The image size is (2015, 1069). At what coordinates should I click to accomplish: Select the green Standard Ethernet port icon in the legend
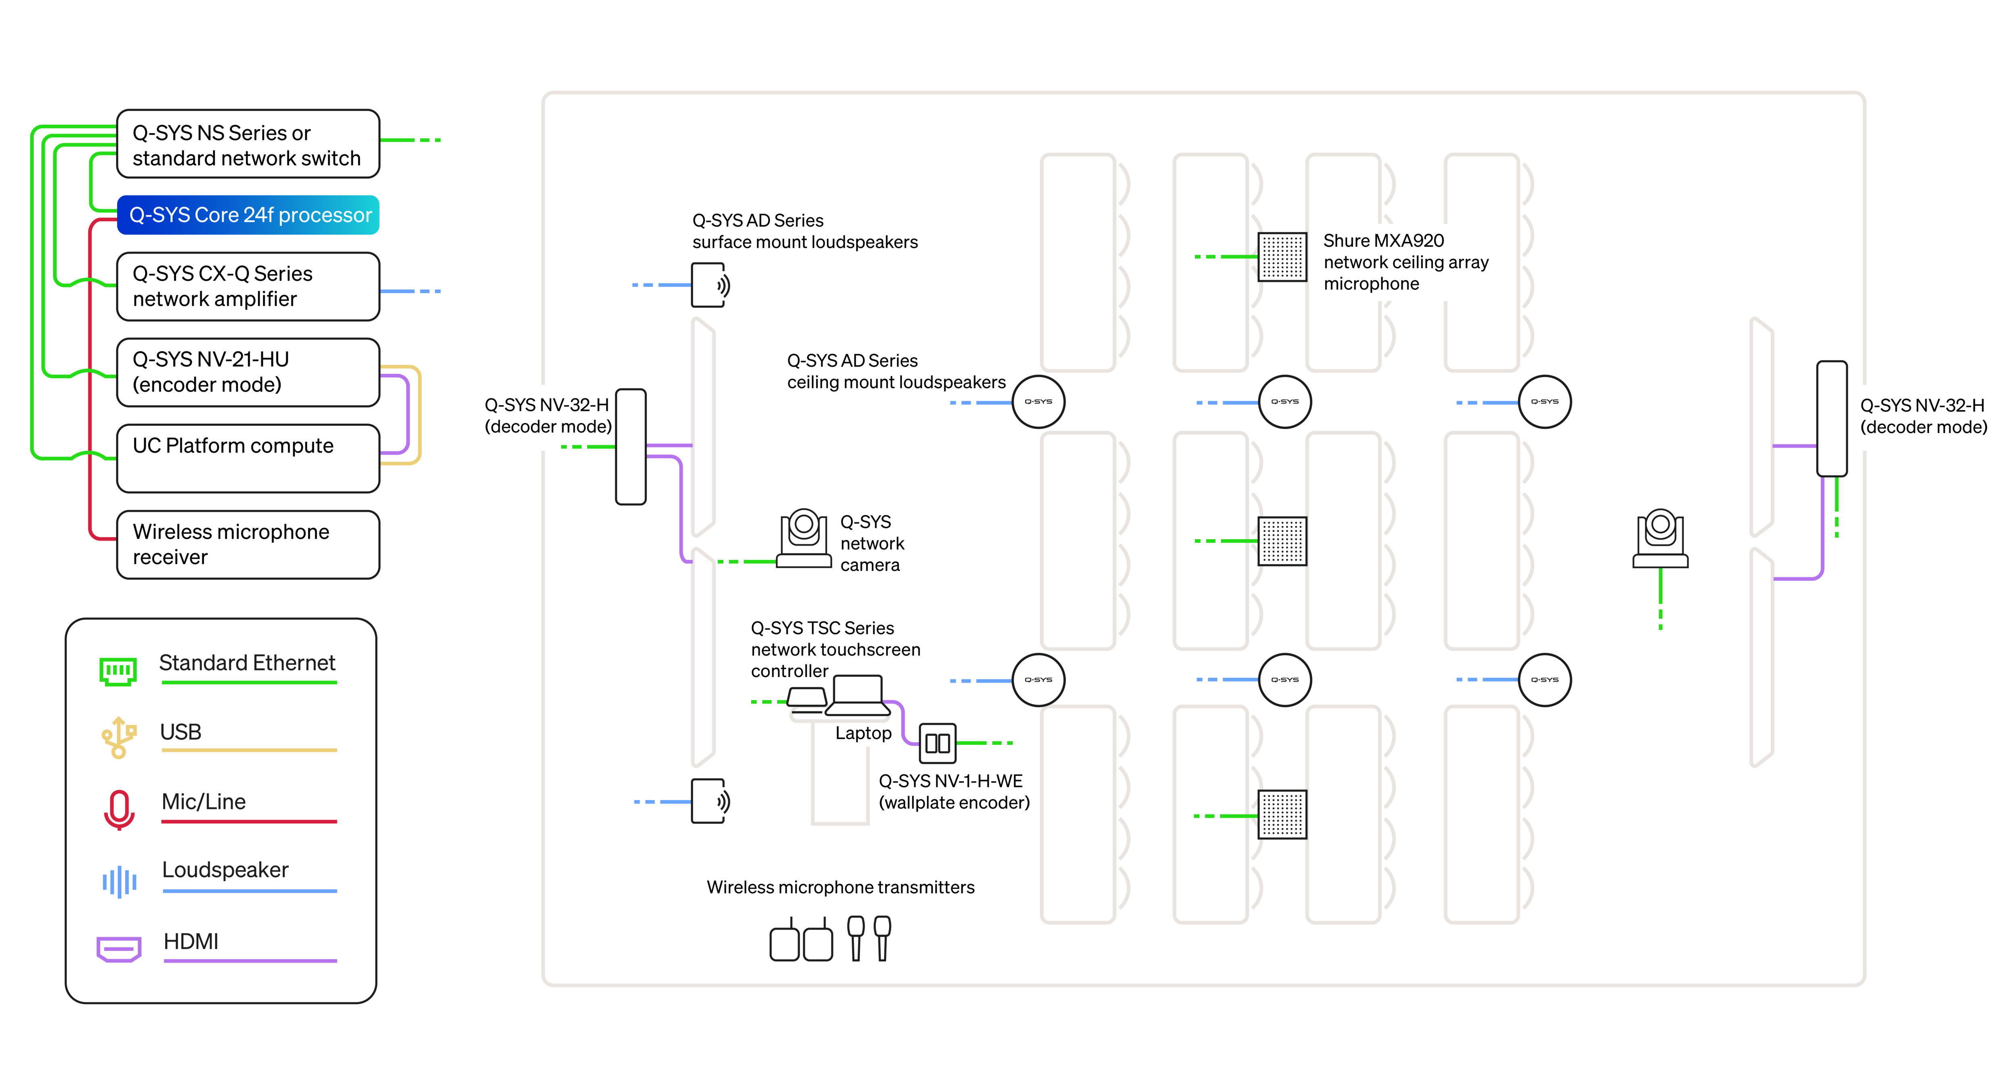[118, 671]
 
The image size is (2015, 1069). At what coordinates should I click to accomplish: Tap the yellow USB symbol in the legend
[118, 737]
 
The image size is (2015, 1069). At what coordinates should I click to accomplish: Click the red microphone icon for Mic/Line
[119, 809]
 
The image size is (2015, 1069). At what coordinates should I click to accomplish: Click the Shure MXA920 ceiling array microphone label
[1404, 262]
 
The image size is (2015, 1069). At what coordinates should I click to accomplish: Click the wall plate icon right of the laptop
[937, 743]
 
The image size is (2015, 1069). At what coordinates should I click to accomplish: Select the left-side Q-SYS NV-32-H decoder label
[548, 416]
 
